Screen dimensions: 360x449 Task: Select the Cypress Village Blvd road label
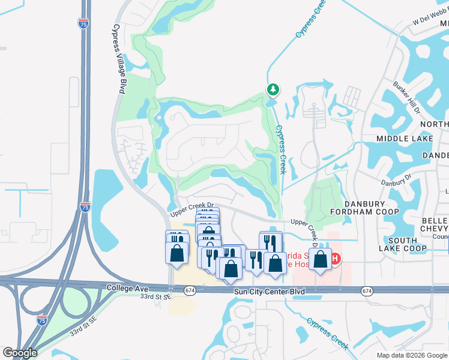(x=119, y=59)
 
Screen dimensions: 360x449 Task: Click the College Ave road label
(x=128, y=288)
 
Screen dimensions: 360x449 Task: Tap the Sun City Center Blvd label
(x=270, y=291)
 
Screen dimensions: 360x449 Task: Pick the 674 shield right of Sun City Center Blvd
(x=367, y=290)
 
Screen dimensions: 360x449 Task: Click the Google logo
(x=20, y=353)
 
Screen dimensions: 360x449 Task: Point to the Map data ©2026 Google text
(x=412, y=355)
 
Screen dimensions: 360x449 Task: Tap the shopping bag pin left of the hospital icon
(x=320, y=259)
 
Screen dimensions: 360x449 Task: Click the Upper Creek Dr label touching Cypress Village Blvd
(x=192, y=208)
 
